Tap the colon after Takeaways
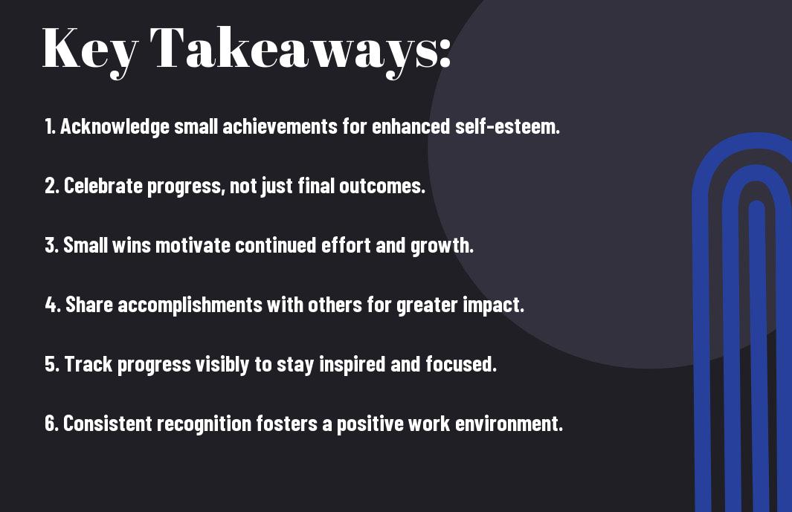pos(445,54)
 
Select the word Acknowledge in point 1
pos(115,127)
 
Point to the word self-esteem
pos(508,126)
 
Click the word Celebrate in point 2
pos(103,186)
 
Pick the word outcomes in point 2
pos(381,186)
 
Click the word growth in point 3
pos(442,246)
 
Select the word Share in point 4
pos(89,305)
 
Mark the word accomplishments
pos(190,305)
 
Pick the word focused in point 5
pos(460,364)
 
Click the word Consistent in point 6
pos(106,423)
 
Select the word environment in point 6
pos(509,424)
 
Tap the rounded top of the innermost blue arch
pos(756,204)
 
